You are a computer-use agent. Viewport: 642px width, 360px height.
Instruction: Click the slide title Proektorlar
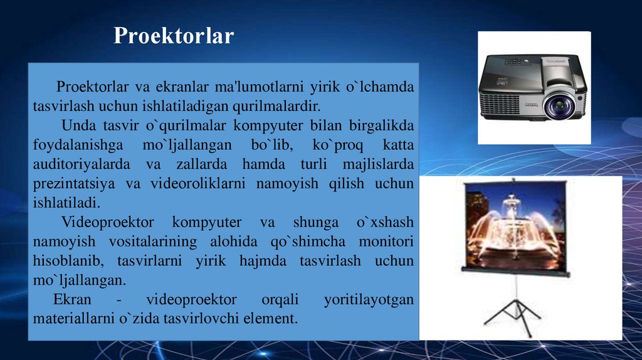(174, 36)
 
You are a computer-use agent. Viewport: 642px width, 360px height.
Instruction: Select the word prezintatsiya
(70, 184)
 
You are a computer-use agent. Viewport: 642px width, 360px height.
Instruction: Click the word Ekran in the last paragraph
(70, 299)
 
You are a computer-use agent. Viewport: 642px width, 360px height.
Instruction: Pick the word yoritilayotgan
(369, 299)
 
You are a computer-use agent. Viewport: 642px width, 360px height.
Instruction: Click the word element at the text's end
(273, 319)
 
